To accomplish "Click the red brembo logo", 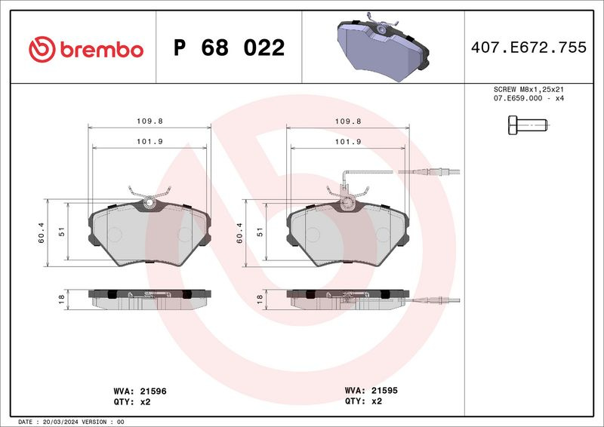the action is pos(85,50).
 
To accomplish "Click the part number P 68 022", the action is pos(230,48).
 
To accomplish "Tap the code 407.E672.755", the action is pos(528,48).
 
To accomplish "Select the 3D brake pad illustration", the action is pos(383,47).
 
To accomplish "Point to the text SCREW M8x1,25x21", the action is pos(528,89).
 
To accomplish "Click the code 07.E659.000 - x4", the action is pos(528,98).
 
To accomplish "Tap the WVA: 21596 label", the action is pos(140,392).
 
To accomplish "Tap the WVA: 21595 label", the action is pos(371,391).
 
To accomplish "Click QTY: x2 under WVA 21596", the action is pos(131,402).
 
